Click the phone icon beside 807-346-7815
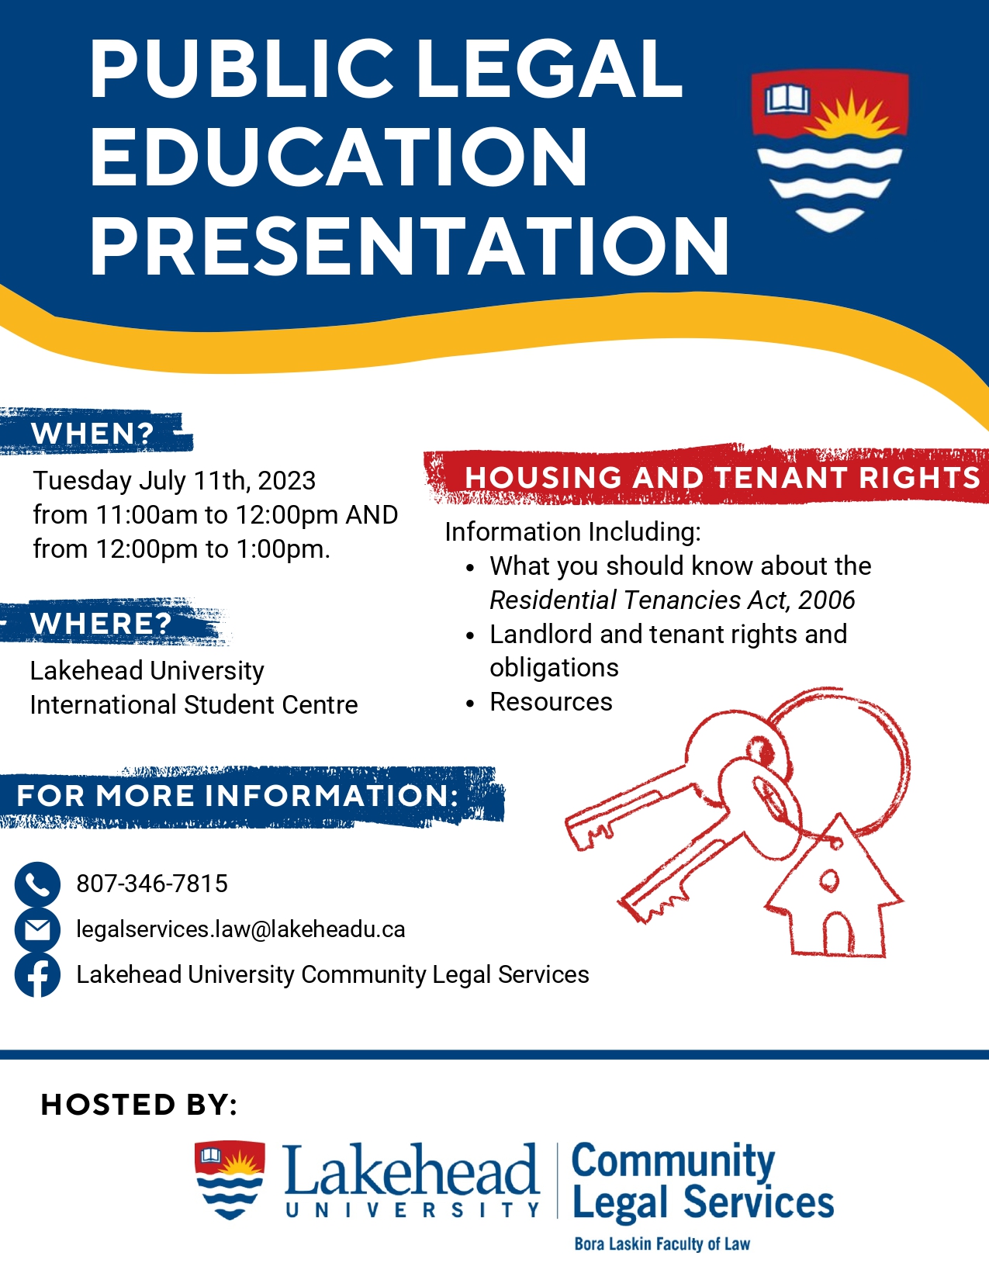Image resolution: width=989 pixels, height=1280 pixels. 37,884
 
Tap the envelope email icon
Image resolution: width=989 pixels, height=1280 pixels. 37,930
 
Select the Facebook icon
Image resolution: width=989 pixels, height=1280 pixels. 37,975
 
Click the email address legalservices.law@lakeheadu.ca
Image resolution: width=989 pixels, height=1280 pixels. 240,929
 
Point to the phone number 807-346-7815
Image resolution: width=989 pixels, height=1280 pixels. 152,884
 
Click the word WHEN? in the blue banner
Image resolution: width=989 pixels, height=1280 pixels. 92,434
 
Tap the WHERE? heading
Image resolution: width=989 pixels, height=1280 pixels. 101,623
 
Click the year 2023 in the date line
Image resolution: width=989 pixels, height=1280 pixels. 287,481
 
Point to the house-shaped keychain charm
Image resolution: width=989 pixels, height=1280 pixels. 834,887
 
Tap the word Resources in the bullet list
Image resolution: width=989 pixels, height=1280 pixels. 551,702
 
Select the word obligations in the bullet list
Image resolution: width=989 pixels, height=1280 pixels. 555,668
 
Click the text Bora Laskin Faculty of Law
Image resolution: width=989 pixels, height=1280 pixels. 662,1244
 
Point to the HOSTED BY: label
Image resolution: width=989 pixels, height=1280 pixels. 138,1105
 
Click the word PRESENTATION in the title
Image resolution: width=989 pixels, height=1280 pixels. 410,246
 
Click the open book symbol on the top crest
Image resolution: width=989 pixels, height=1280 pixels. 787,99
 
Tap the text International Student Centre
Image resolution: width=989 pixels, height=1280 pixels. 194,705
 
